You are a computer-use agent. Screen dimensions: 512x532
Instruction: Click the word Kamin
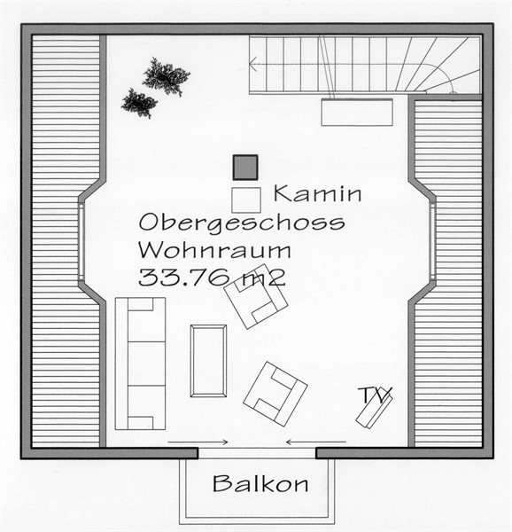(317, 193)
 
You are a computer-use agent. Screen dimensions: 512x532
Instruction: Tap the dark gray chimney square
(245, 168)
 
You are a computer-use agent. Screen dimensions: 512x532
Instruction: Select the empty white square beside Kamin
(246, 200)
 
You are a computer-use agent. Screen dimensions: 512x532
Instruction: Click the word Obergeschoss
(242, 223)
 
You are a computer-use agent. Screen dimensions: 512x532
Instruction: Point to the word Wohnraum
(214, 250)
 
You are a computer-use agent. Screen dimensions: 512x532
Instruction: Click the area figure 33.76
(184, 278)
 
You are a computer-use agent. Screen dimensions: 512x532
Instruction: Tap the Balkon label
(260, 483)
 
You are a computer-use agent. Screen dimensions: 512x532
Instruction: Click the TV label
(375, 395)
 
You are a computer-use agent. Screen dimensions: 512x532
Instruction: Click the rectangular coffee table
(208, 361)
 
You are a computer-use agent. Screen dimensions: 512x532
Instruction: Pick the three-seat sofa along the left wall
(140, 364)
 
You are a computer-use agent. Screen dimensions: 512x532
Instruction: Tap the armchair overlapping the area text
(256, 296)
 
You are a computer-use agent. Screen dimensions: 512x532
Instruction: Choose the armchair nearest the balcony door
(275, 394)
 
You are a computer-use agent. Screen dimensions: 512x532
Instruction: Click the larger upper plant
(166, 76)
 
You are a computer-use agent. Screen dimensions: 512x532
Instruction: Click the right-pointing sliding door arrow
(198, 442)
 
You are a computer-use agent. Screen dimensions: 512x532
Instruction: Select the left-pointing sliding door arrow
(316, 442)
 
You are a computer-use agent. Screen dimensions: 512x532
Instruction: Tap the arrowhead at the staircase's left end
(252, 63)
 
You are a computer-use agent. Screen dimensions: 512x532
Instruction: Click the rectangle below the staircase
(357, 113)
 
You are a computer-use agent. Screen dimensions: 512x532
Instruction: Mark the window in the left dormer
(81, 242)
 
